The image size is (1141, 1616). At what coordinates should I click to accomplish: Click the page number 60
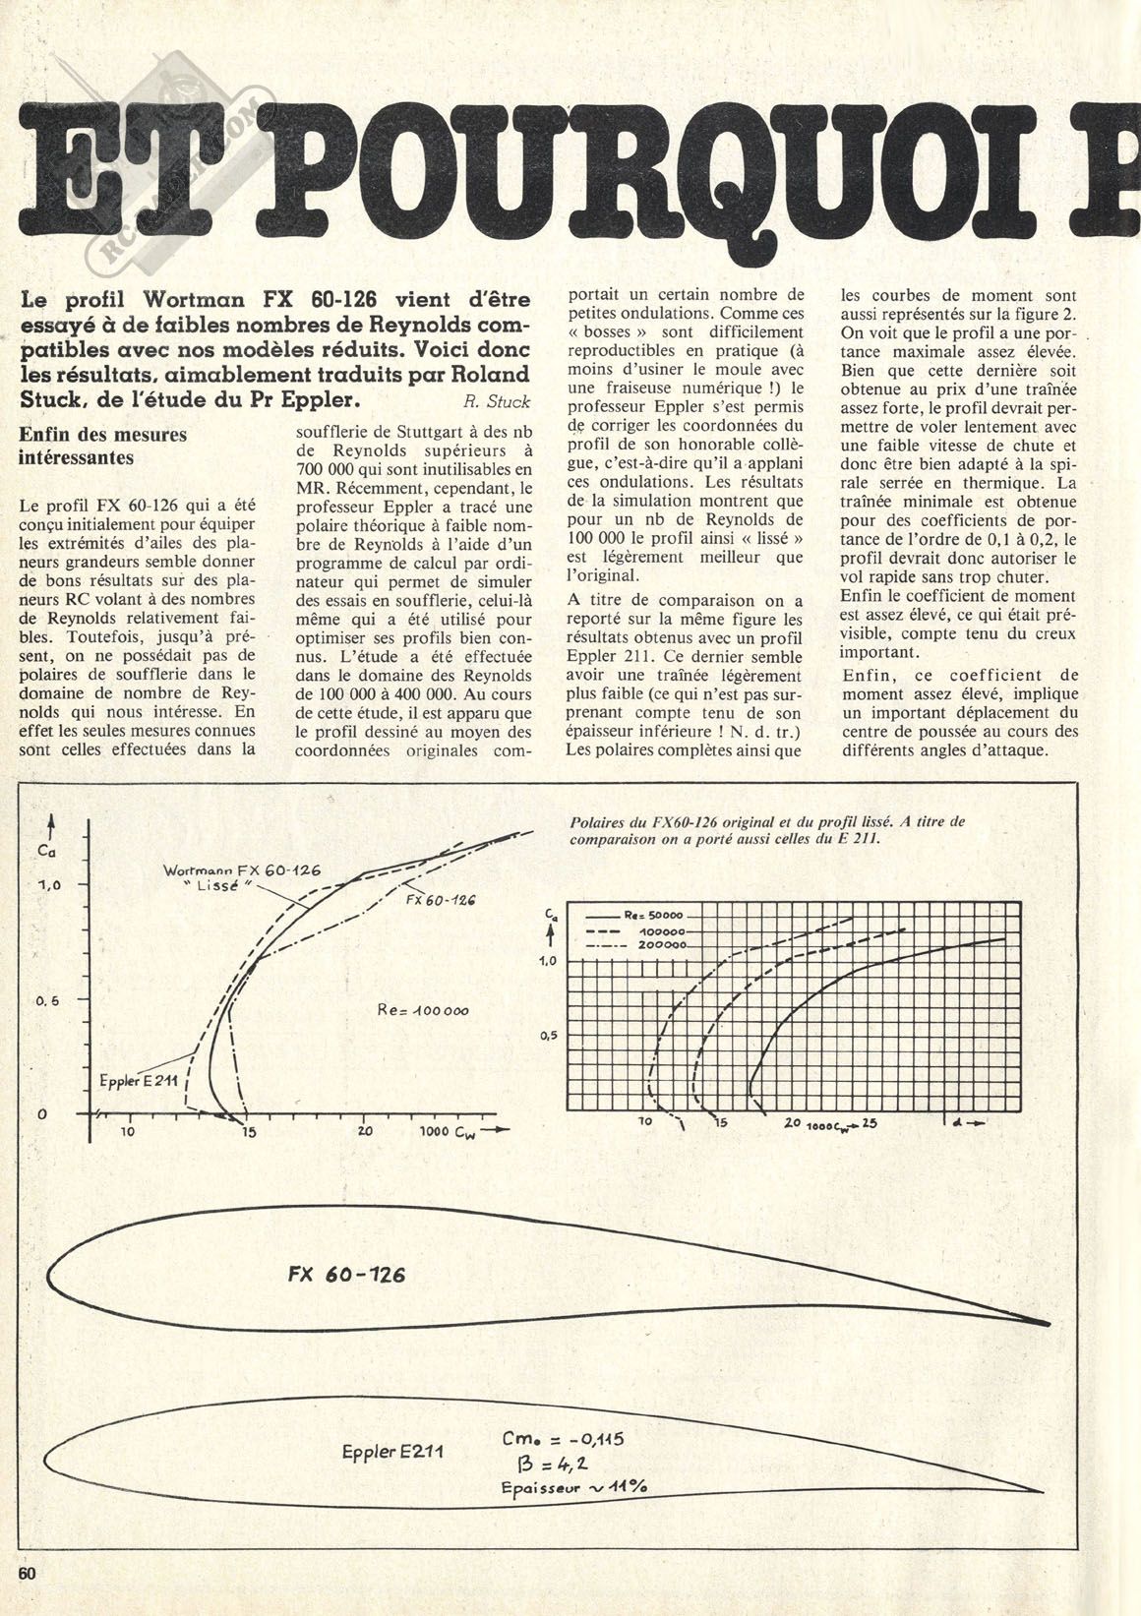pyautogui.click(x=26, y=1599)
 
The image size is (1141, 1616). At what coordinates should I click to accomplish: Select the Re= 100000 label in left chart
pyautogui.click(x=423, y=1009)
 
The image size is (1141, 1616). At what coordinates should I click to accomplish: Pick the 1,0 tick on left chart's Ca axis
pyautogui.click(x=50, y=885)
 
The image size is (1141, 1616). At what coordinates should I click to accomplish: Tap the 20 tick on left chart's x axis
pyautogui.click(x=364, y=1131)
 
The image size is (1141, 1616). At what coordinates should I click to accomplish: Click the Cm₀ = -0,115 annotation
pyautogui.click(x=562, y=1439)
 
